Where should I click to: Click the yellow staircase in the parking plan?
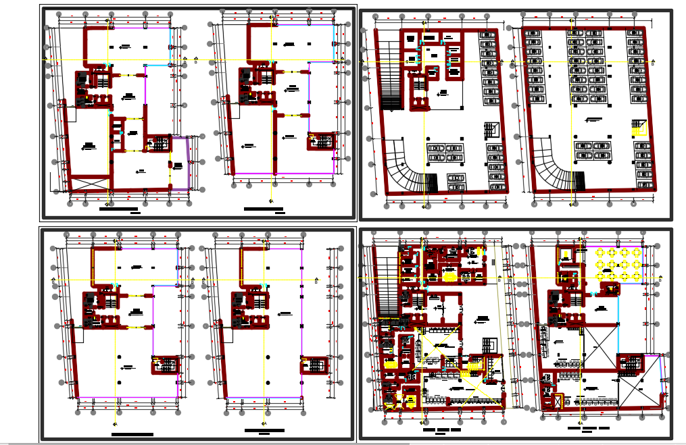click(639, 127)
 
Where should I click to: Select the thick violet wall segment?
click(189, 162)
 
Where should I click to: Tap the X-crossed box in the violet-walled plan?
click(90, 183)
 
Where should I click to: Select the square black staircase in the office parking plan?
click(491, 129)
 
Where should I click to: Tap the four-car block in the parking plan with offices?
click(445, 153)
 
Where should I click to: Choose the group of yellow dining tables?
click(618, 264)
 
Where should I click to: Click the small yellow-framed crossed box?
click(558, 400)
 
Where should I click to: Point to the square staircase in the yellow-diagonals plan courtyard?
click(490, 345)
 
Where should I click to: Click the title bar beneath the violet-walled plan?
click(118, 209)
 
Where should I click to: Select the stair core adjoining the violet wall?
click(160, 142)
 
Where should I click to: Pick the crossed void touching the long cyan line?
click(599, 347)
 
